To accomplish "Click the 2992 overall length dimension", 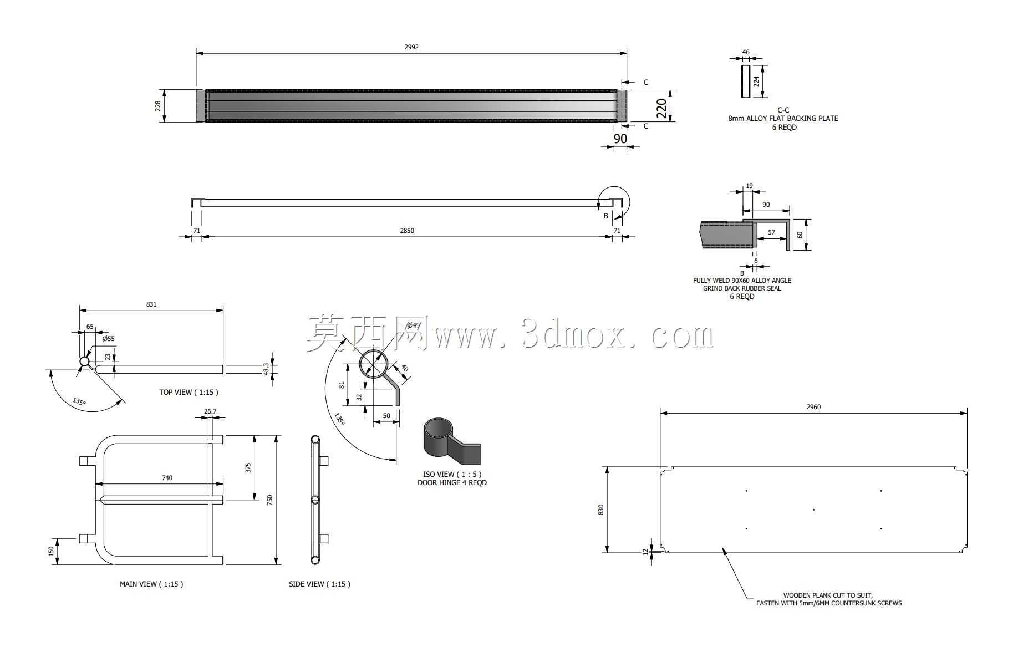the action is [x=411, y=47].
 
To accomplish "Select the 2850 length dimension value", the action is [x=407, y=231].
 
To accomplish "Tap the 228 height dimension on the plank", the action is [x=158, y=105].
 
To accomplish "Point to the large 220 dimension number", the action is [x=661, y=108].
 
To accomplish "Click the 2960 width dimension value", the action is [x=813, y=407].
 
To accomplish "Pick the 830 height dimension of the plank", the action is [x=601, y=510].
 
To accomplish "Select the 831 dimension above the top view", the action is [x=151, y=304].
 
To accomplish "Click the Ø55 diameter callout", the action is [x=108, y=339].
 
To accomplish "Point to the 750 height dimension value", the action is [x=270, y=500].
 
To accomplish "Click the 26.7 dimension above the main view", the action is [x=210, y=411].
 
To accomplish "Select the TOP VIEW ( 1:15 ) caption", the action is [x=189, y=392].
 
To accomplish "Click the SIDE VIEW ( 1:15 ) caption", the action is [x=319, y=584].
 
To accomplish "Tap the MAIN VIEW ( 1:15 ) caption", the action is [x=151, y=584].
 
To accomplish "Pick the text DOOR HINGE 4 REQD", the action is [x=452, y=483].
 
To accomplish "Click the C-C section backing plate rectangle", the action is [x=746, y=82].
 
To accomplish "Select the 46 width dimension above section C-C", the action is [x=746, y=52].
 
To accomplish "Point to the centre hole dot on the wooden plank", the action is [x=813, y=510].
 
